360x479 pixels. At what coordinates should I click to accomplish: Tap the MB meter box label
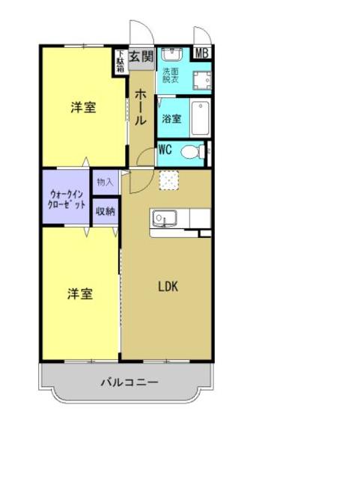[201, 53]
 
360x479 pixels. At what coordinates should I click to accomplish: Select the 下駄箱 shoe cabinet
[120, 61]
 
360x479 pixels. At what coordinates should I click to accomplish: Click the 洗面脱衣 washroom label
[171, 75]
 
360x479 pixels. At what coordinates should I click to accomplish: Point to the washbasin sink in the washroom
[171, 55]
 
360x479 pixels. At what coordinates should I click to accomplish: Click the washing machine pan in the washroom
[198, 80]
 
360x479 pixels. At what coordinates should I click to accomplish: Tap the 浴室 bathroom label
[171, 118]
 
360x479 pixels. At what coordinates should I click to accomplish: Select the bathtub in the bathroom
[199, 118]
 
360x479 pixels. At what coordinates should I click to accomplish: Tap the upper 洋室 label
[83, 107]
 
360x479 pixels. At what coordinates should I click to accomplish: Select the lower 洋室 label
[80, 294]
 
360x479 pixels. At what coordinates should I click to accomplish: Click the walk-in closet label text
[67, 199]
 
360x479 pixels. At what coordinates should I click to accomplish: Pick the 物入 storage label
[105, 182]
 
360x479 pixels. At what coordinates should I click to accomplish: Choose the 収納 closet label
[105, 211]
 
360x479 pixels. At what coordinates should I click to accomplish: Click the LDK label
[168, 285]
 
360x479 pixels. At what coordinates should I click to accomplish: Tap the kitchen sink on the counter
[162, 219]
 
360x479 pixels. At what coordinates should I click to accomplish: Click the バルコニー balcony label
[129, 382]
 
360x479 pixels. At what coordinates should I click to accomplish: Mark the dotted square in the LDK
[169, 180]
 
